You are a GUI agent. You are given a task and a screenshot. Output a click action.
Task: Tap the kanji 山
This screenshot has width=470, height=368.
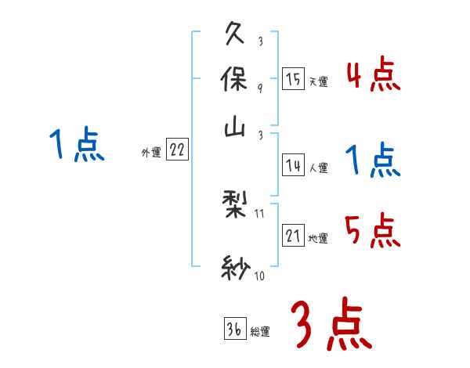click(x=237, y=129)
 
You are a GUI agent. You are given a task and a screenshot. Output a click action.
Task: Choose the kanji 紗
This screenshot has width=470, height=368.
click(x=237, y=270)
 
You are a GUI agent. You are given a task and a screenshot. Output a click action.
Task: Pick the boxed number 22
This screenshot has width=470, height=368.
click(x=177, y=150)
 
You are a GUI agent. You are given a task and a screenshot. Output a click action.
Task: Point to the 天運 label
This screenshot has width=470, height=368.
click(x=318, y=81)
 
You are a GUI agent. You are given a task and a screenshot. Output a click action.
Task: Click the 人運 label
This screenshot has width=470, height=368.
click(x=318, y=167)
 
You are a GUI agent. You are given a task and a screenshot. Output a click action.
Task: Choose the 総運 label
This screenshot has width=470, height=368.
click(x=259, y=331)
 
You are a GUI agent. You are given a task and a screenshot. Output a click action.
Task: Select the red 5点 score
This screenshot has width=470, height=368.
click(x=373, y=230)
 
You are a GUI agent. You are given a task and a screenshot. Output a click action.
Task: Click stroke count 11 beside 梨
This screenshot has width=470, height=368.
click(x=260, y=213)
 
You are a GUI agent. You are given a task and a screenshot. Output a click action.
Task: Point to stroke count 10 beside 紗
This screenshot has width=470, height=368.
click(x=260, y=276)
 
